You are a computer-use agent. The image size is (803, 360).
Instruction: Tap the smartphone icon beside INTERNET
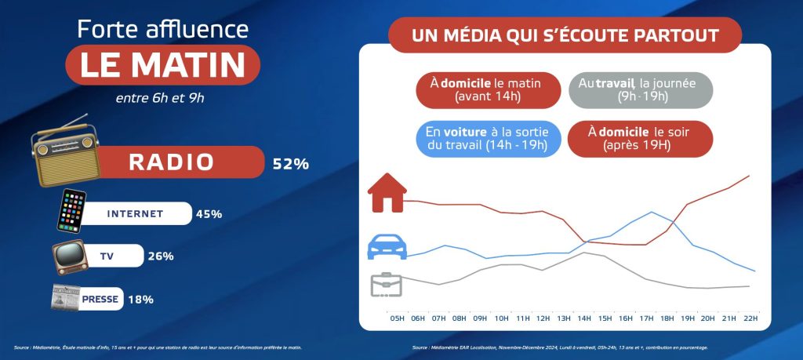[71, 211]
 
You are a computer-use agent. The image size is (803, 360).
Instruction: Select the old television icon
[69, 256]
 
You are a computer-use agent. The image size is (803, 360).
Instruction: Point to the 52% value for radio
[290, 164]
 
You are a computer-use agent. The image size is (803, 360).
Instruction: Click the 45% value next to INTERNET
[209, 213]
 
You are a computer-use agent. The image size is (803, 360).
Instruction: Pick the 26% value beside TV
[160, 256]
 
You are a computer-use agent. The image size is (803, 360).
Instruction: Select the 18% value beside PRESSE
[140, 299]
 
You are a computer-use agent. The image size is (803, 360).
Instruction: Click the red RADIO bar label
[171, 162]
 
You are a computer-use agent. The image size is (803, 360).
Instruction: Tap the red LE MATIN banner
[162, 65]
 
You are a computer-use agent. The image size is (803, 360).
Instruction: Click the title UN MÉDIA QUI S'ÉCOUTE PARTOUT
[565, 36]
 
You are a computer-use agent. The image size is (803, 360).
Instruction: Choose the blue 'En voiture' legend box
[487, 136]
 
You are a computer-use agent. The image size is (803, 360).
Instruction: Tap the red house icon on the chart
[387, 193]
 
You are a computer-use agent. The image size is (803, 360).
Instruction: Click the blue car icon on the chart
[387, 248]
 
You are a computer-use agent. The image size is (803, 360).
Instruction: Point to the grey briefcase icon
[386, 284]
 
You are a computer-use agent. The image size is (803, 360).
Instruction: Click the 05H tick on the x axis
[397, 318]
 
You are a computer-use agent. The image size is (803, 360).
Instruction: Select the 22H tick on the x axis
[750, 318]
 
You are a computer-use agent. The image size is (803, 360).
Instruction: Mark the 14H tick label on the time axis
[584, 318]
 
